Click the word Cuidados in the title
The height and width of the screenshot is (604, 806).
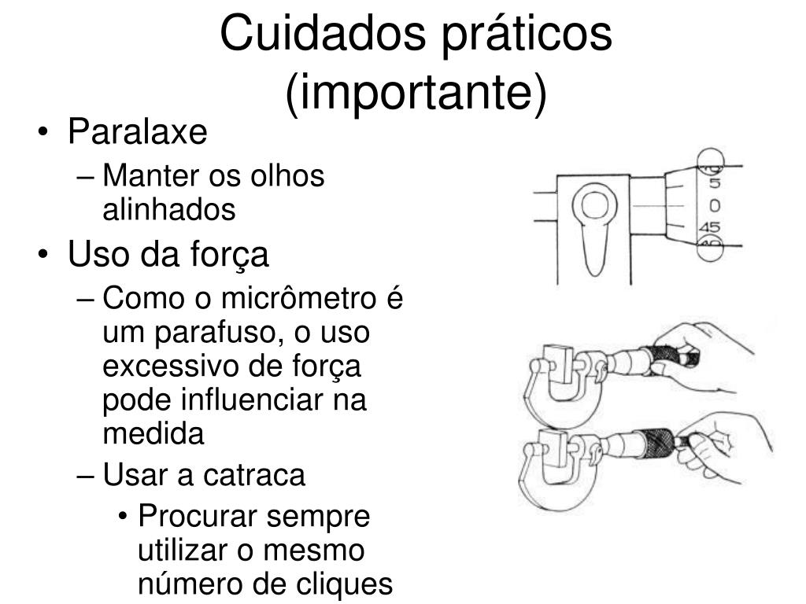click(x=323, y=34)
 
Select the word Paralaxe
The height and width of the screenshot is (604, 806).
click(x=138, y=131)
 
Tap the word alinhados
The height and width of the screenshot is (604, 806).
click(x=169, y=209)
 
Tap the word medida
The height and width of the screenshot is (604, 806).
click(x=153, y=434)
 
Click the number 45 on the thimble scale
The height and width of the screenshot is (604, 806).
click(x=709, y=227)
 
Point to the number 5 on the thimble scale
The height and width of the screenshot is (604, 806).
click(x=715, y=183)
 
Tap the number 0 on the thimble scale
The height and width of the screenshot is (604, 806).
click(x=715, y=206)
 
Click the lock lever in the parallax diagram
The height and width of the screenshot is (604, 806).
click(x=595, y=231)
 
